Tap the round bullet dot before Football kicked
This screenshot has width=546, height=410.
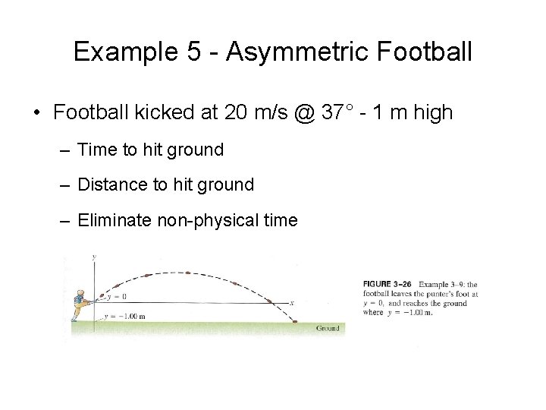click(36, 114)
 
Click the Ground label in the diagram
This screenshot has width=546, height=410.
click(328, 328)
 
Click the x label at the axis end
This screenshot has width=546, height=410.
click(291, 303)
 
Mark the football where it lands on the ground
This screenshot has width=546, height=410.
click(295, 322)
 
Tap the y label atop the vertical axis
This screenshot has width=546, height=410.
click(93, 258)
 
